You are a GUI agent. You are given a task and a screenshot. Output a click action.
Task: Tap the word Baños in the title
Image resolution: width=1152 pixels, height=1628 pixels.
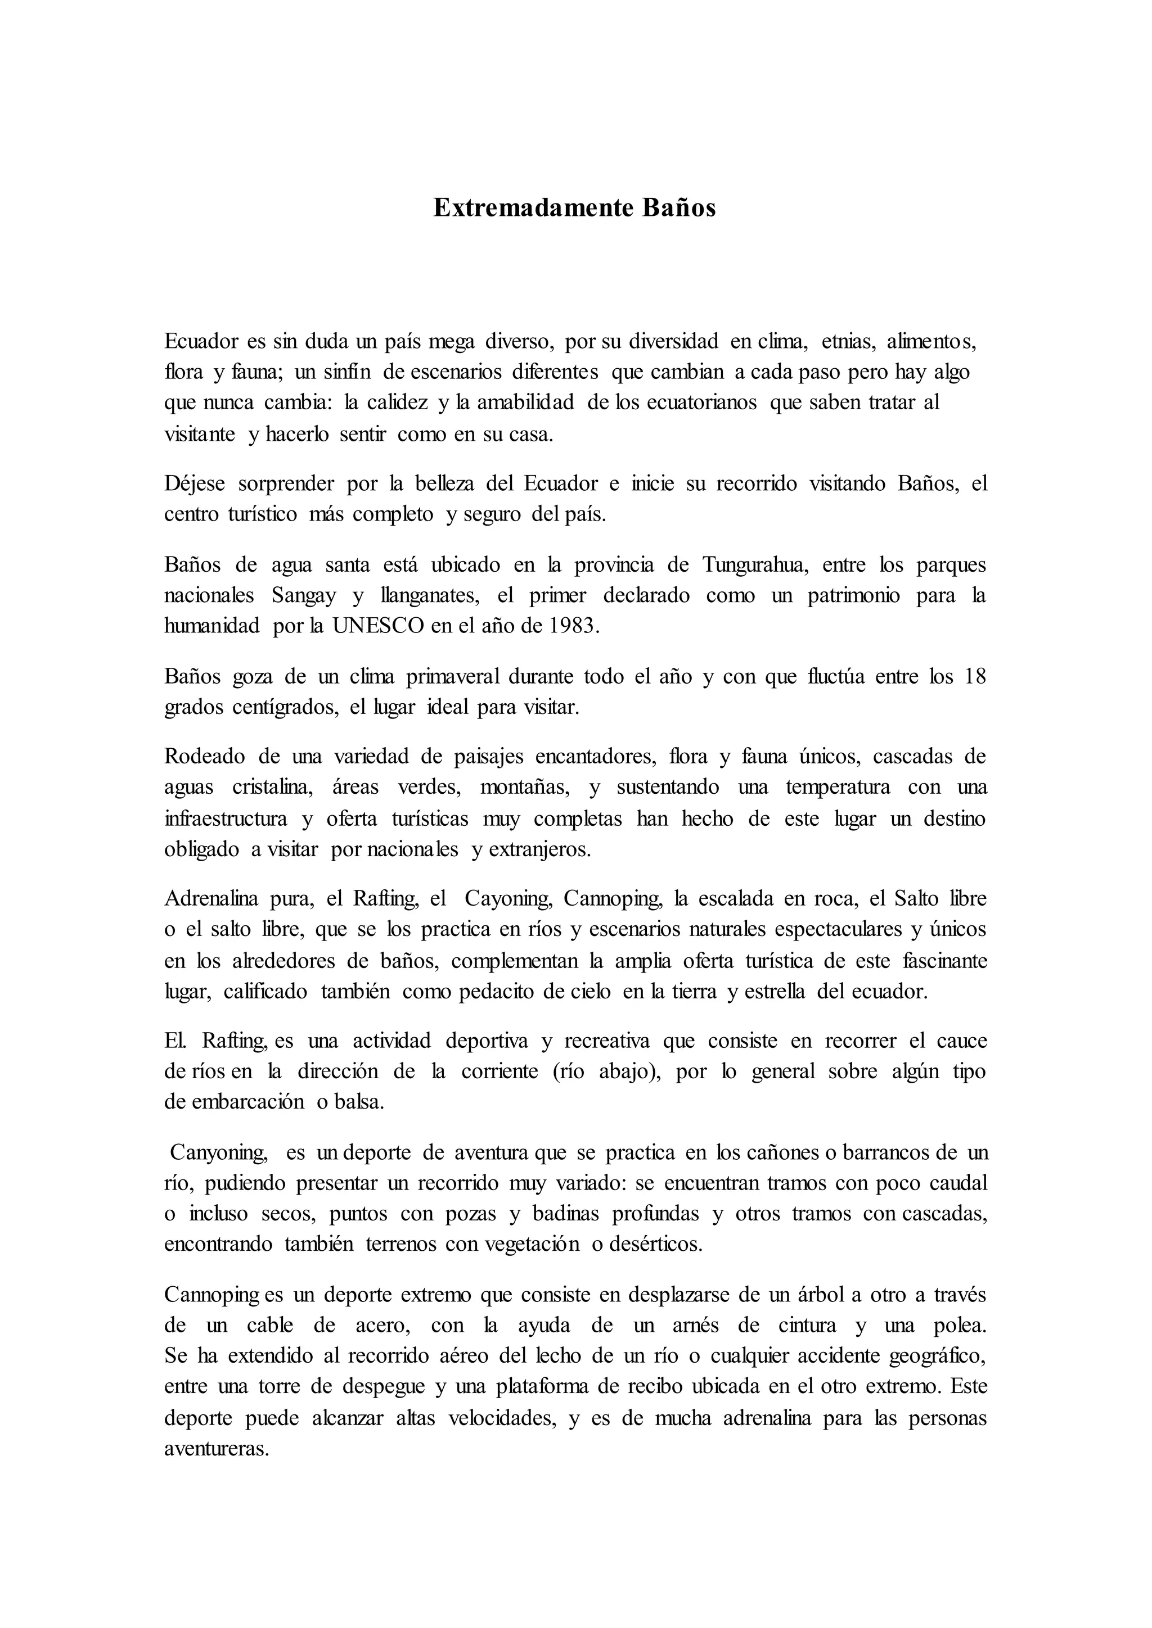click(679, 208)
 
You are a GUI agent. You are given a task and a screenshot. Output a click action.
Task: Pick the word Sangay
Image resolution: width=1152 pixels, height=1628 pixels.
click(304, 596)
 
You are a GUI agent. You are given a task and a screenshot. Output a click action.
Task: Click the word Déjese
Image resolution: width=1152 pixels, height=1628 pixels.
click(195, 483)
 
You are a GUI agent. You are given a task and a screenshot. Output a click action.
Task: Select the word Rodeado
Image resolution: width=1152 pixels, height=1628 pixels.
click(204, 757)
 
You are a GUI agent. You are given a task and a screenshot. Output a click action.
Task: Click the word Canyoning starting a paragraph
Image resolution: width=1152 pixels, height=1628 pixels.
click(218, 1153)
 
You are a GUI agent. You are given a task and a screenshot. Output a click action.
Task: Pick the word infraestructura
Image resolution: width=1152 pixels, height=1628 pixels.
click(226, 819)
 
